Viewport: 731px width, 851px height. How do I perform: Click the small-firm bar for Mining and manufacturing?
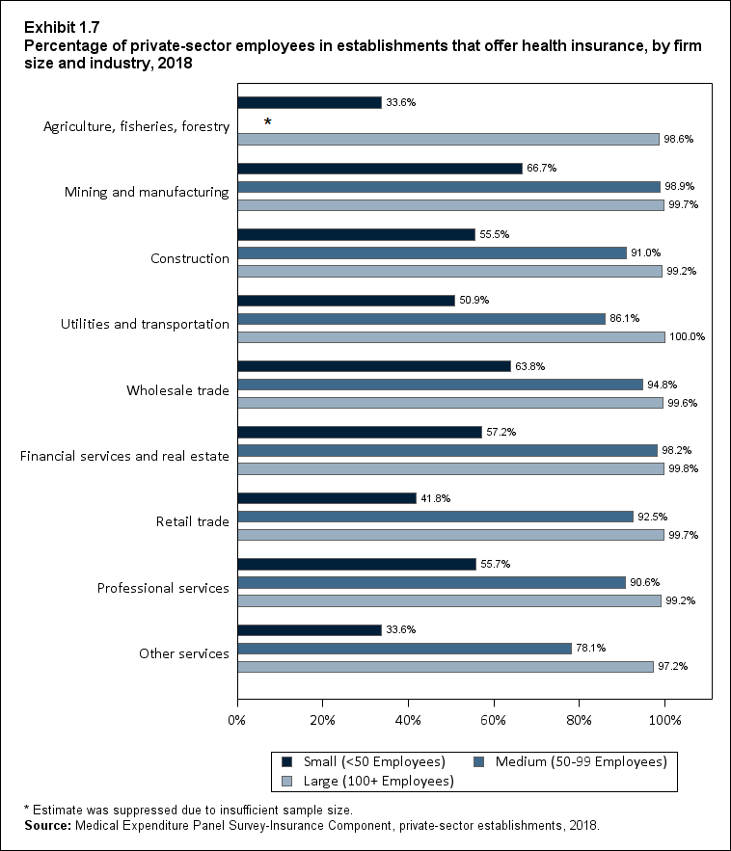[380, 168]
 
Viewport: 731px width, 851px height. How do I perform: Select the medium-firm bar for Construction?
[432, 253]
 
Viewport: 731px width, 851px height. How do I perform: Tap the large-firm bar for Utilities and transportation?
[450, 337]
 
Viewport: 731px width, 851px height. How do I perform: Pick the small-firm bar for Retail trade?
[326, 498]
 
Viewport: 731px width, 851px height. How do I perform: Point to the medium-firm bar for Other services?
[404, 649]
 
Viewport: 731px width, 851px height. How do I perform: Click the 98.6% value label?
[679, 139]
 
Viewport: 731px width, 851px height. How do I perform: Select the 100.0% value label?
[687, 337]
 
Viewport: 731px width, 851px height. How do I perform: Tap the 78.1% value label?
[592, 649]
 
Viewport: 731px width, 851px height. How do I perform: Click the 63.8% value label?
[530, 366]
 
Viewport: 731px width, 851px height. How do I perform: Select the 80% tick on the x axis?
[580, 720]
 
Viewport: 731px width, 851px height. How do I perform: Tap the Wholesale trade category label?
[177, 390]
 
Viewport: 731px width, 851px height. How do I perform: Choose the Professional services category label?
[163, 588]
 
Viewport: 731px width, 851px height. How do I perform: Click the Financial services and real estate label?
[124, 456]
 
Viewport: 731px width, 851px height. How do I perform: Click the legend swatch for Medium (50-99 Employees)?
[479, 762]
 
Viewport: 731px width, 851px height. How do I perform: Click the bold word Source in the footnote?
[45, 826]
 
